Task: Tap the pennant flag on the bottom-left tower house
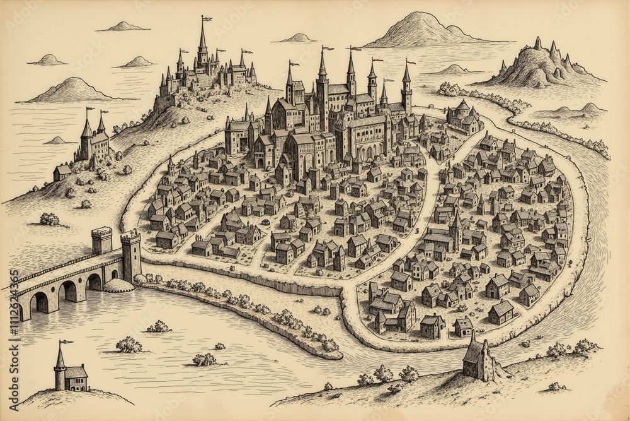65,342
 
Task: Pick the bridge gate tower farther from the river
101,240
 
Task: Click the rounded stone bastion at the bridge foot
119,285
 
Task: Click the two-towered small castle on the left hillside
94,140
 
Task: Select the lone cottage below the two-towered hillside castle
62,172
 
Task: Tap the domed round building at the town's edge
463,117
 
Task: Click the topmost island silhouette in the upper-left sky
123,27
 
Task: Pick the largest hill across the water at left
73,90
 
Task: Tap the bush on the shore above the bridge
50,219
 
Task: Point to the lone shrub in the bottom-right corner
556,386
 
